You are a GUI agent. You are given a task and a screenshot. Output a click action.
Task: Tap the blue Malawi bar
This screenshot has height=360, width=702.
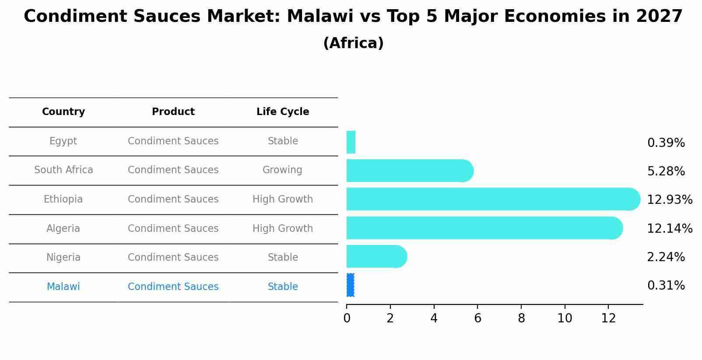pos(350,285)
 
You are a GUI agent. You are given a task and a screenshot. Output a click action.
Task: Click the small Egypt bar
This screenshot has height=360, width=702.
pos(351,142)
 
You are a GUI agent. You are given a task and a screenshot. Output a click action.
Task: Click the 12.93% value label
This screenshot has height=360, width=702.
pos(669,200)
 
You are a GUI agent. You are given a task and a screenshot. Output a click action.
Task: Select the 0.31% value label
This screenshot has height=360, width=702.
pos(666,286)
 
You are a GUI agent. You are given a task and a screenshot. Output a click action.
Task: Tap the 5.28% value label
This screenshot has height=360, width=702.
pos(666,171)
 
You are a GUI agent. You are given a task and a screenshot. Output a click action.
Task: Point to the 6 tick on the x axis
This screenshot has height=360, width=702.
pos(477,318)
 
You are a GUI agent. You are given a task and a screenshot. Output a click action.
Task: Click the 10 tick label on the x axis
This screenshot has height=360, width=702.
pos(565,318)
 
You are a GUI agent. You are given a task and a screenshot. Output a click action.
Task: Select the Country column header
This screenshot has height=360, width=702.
pos(63,112)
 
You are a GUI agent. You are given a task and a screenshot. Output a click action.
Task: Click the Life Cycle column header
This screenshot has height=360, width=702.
pos(283,112)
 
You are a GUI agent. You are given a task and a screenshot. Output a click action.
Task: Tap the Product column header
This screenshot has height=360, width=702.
pos(173,112)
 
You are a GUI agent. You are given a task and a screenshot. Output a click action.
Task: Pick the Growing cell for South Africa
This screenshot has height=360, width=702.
pos(282,170)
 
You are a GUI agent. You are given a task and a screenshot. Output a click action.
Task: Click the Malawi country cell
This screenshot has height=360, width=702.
pos(63,287)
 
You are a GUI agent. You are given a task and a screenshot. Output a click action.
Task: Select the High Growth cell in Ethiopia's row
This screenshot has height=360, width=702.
pos(282,199)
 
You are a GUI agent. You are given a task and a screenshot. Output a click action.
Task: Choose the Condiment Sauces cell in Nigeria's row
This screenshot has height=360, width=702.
pos(173,258)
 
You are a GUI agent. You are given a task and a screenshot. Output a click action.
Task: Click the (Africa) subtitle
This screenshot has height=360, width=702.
pos(353,43)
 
